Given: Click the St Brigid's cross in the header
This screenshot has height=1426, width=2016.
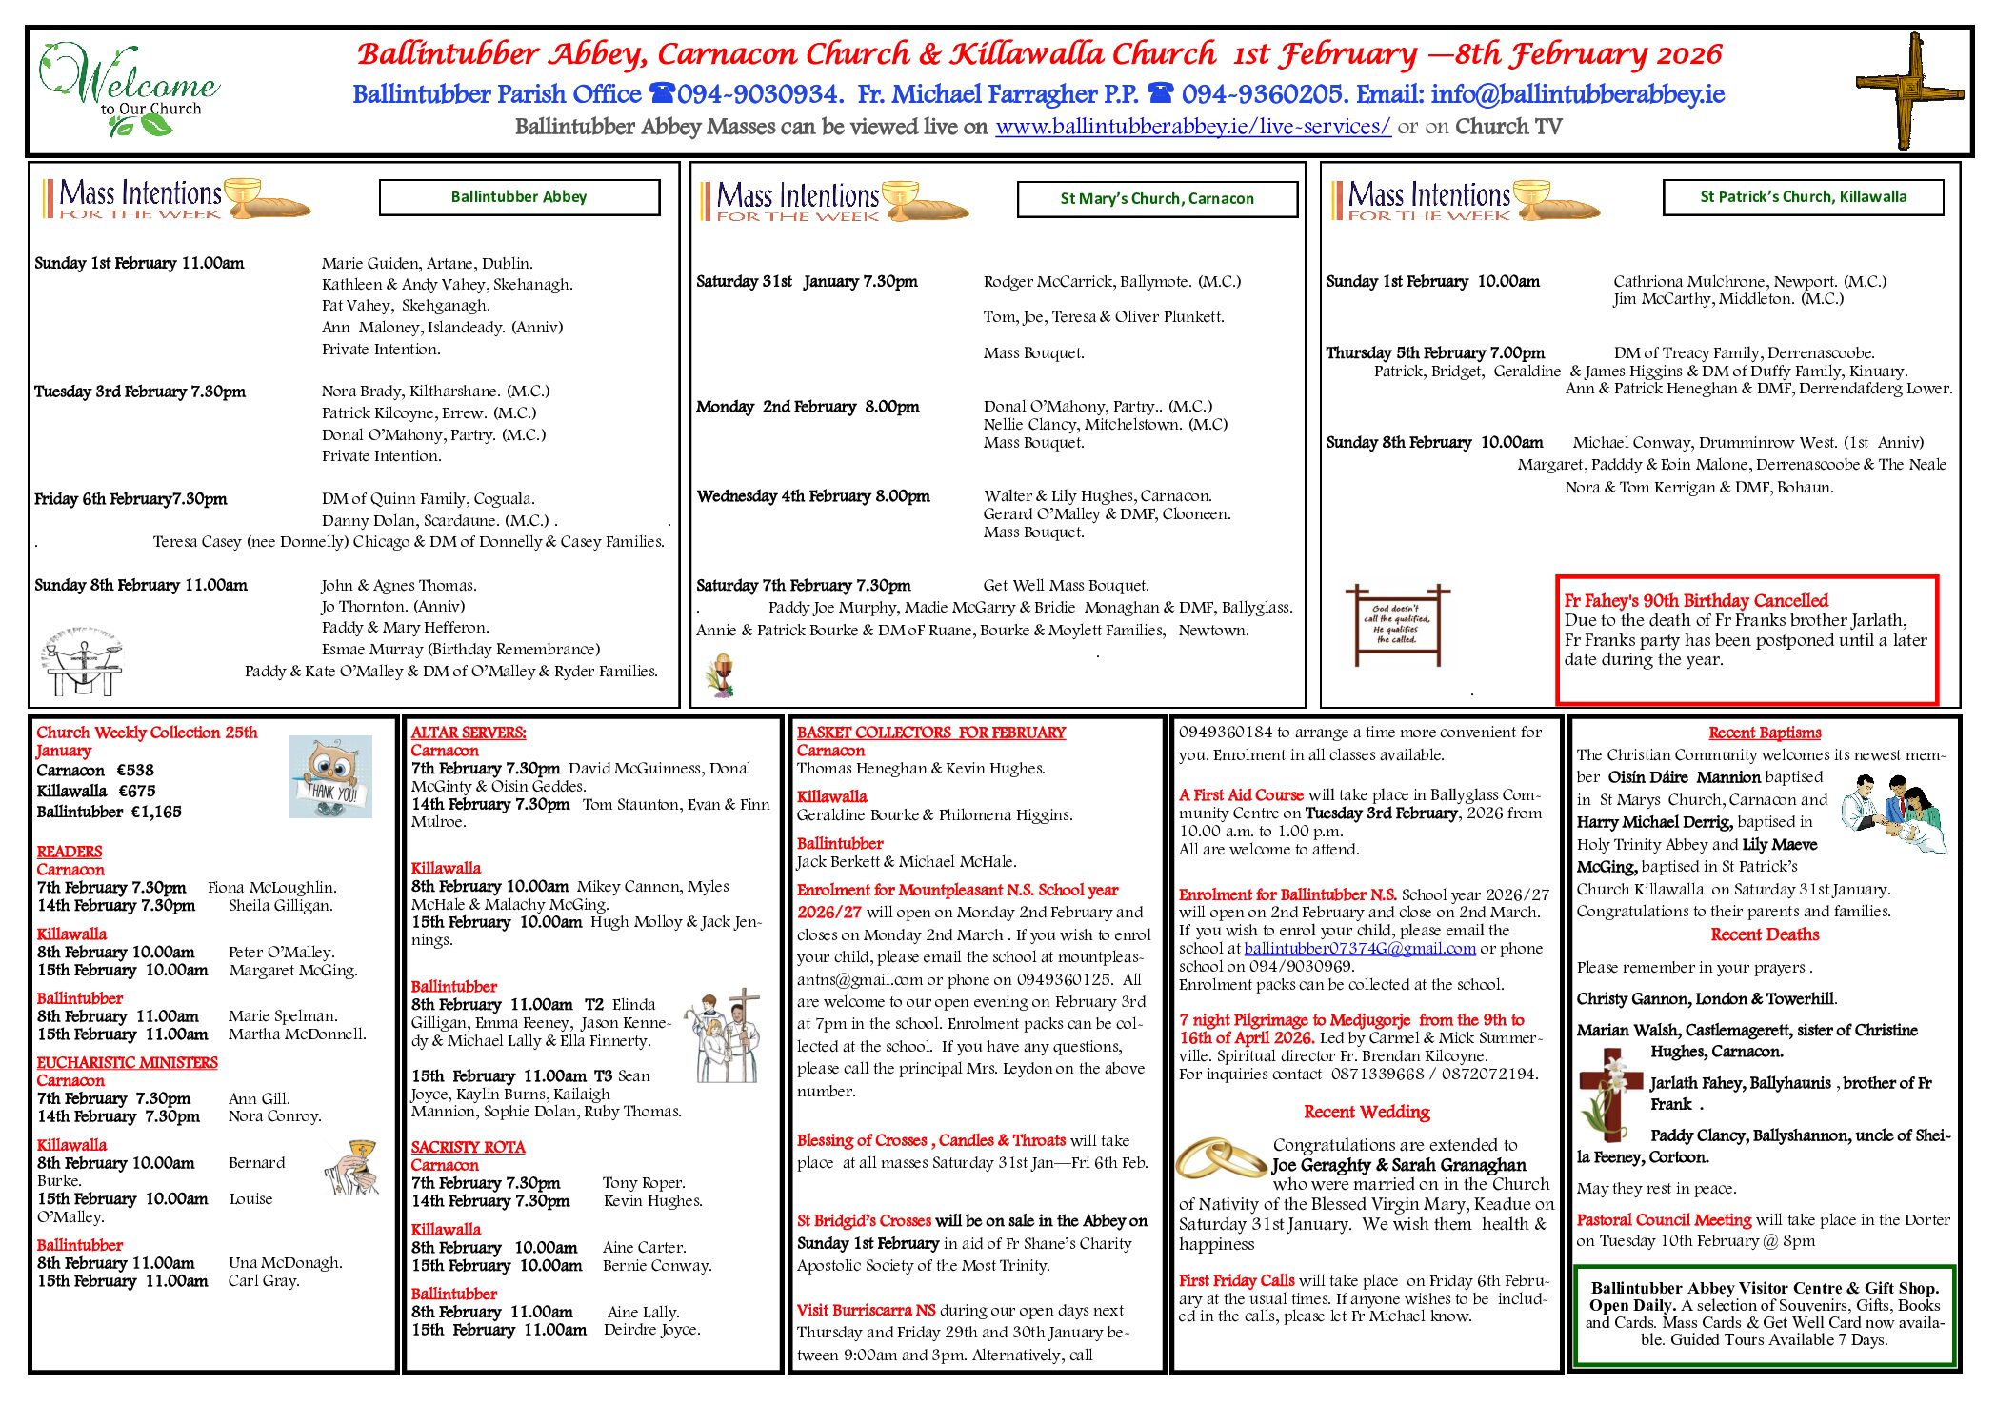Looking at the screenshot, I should point(1909,90).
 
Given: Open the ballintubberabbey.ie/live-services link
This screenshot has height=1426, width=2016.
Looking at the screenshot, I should point(1192,127).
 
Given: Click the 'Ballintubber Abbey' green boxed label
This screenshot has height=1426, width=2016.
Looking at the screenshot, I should point(519,197).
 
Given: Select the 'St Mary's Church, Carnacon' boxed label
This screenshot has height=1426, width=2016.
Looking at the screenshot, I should point(1157,199).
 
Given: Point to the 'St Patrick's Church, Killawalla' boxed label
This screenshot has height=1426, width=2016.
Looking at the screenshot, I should point(1803,197).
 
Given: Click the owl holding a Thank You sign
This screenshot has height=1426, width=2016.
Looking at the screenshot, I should point(330,776).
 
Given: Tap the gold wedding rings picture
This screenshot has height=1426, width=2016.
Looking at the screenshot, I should point(1221,1159).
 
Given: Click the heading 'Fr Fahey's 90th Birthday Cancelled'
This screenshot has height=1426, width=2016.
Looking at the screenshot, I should point(1696,601).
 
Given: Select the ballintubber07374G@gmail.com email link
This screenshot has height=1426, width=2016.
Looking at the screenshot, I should point(1360,949).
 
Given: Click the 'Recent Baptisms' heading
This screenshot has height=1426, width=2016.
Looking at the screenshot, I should point(1765,733).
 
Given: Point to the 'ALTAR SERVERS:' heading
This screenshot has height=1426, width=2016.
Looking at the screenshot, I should point(469,733).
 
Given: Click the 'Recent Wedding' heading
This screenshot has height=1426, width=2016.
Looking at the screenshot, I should point(1367,1112).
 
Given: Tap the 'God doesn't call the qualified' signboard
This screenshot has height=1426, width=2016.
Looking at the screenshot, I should point(1395,625).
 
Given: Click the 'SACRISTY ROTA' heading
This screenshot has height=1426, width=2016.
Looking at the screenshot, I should point(468,1148).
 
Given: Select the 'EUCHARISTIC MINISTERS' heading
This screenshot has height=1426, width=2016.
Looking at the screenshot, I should point(127,1063).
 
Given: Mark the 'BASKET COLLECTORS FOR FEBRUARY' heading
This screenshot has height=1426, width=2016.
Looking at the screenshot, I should point(930,733).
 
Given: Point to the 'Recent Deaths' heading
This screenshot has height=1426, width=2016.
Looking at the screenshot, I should point(1765,934).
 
